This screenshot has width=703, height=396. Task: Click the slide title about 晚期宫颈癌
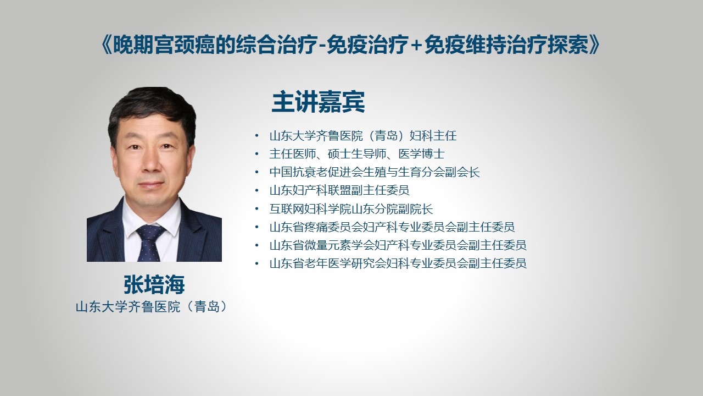click(x=350, y=45)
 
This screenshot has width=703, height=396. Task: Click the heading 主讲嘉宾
click(x=318, y=102)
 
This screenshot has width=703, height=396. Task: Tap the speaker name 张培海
click(x=154, y=285)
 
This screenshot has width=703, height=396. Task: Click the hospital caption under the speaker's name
click(x=152, y=307)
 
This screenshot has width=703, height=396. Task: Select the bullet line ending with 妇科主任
click(x=363, y=136)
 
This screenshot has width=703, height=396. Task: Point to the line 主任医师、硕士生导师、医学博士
click(x=357, y=154)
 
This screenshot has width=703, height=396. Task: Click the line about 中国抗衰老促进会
click(x=375, y=172)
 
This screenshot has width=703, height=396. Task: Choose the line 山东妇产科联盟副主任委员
click(x=339, y=190)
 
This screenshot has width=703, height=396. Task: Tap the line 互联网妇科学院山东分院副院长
click(x=351, y=208)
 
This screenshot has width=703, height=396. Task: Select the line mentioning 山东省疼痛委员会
click(x=392, y=227)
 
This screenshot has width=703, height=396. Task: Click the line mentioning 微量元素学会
click(x=398, y=245)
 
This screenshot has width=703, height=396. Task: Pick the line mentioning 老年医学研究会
click(x=398, y=263)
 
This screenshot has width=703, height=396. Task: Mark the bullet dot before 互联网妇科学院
click(x=257, y=208)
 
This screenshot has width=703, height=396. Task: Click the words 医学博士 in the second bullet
click(x=421, y=154)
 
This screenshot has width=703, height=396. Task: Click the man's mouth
click(x=151, y=185)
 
